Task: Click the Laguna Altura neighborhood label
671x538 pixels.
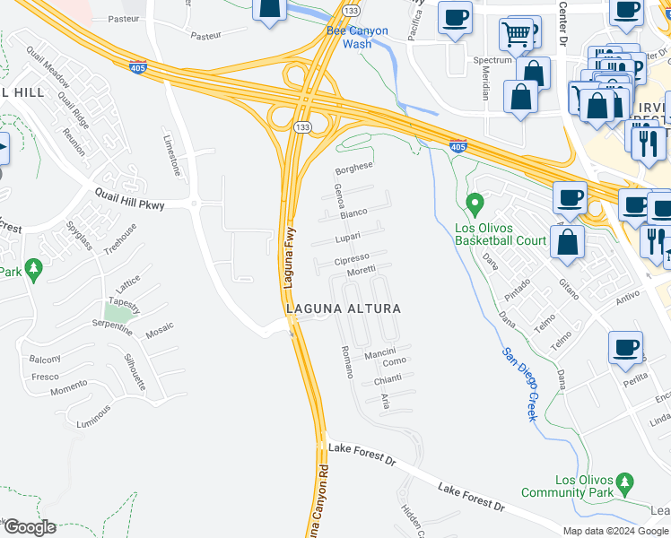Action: pos(343,308)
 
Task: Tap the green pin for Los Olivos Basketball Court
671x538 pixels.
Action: pos(476,204)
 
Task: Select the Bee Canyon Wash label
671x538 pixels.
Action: pos(358,37)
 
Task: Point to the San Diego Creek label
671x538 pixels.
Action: pos(518,384)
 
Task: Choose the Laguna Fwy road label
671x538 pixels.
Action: pos(290,261)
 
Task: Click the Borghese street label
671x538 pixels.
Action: pos(353,167)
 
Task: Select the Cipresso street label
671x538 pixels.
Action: pos(352,260)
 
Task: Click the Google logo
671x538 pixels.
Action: pos(29,527)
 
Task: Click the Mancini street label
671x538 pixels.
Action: pos(381,355)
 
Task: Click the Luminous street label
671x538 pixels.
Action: pos(93,415)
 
